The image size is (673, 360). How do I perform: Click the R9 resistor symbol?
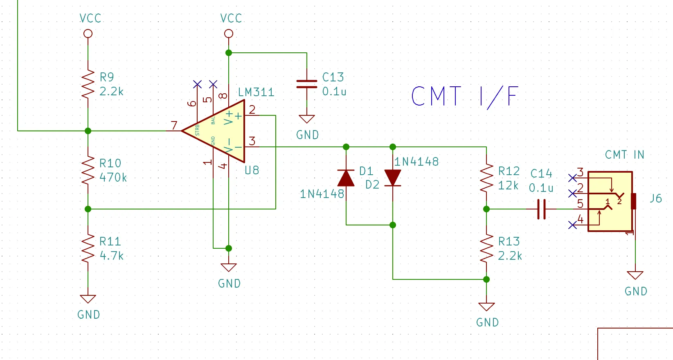click(88, 84)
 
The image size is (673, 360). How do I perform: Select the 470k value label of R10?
click(113, 178)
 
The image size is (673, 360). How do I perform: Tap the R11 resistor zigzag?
click(88, 248)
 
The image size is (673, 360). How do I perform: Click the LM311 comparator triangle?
click(213, 131)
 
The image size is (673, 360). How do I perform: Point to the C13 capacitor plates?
click(306, 84)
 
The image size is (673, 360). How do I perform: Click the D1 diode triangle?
click(346, 178)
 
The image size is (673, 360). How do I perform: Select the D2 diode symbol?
click(393, 178)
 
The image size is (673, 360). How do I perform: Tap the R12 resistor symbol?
click(486, 178)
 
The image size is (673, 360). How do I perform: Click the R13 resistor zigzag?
click(486, 248)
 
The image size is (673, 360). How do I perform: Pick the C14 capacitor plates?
click(541, 209)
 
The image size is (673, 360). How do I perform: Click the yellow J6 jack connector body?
click(610, 201)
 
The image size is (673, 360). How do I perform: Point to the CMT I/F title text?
click(465, 97)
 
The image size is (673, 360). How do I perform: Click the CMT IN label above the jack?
click(625, 155)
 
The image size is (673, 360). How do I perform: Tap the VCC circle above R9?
click(88, 34)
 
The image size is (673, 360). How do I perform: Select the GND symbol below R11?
click(88, 299)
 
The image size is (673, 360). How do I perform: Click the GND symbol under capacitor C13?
click(306, 119)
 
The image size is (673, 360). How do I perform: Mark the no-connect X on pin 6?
click(197, 84)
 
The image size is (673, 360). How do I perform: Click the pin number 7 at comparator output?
click(174, 125)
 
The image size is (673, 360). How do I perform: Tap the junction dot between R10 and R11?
click(88, 209)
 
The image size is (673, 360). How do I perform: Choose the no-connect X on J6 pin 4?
click(572, 225)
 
